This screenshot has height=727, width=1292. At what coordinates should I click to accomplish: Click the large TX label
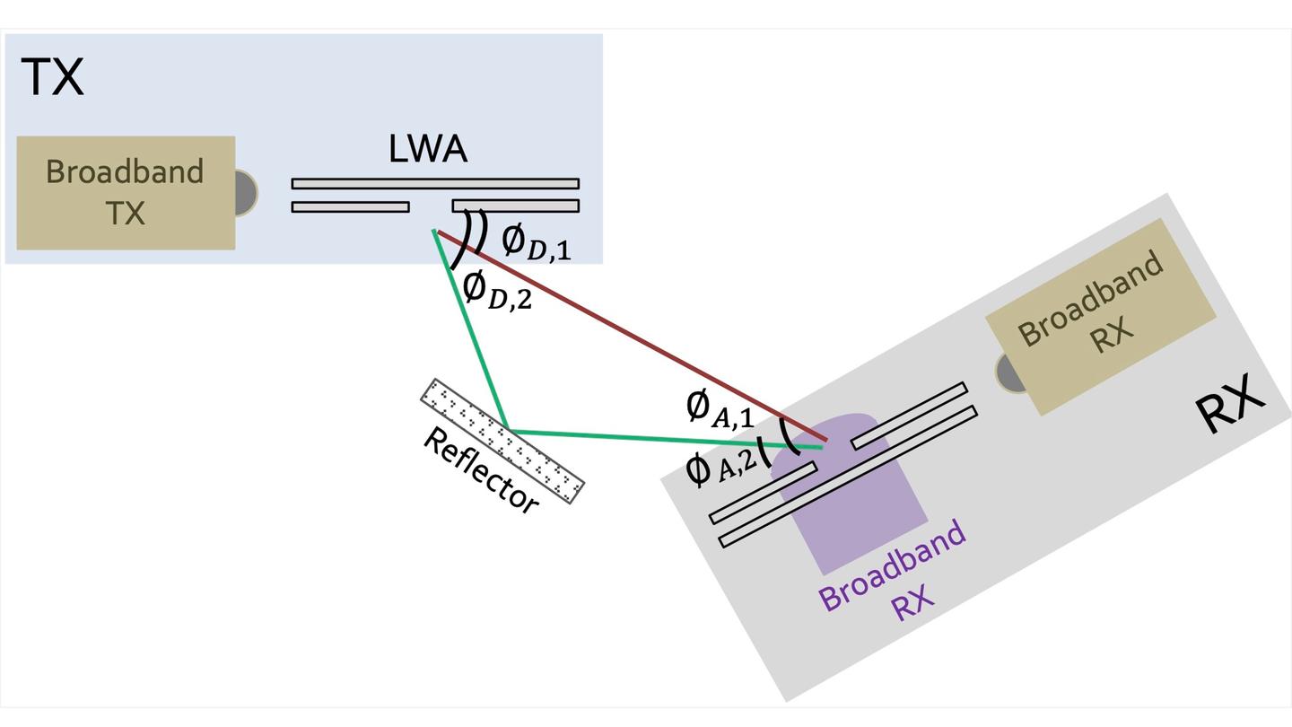(x=52, y=77)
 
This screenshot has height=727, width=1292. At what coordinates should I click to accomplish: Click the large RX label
(x=1229, y=406)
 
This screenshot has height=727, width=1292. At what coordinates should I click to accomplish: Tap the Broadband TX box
(x=126, y=192)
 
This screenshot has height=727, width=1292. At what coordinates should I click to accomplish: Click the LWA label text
(x=428, y=149)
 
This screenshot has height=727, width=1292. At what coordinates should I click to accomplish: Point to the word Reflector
(x=481, y=469)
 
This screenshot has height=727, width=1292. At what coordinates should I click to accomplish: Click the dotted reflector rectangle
(x=502, y=441)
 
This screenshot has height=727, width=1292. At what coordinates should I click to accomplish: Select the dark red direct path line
(x=628, y=333)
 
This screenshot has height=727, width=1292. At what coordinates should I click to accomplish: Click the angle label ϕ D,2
(x=497, y=290)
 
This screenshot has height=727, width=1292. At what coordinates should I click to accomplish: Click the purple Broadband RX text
(x=893, y=575)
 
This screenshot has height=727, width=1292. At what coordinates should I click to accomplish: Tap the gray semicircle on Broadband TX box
(x=246, y=192)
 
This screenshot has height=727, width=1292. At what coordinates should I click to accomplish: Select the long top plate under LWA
(x=435, y=183)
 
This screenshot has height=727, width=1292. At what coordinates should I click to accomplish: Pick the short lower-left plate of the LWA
(x=351, y=206)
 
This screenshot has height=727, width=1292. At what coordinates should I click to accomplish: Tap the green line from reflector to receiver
(x=664, y=439)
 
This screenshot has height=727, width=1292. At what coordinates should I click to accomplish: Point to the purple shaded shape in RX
(x=861, y=521)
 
